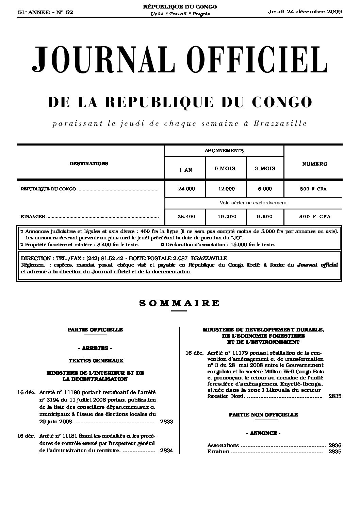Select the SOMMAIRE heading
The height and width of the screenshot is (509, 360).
click(x=179, y=303)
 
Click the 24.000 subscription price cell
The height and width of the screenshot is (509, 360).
click(x=186, y=189)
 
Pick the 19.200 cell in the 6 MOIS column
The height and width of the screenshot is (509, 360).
click(x=227, y=216)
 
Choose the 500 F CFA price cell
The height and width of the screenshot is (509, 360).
click(x=313, y=189)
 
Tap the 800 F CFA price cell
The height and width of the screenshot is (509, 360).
click(x=313, y=216)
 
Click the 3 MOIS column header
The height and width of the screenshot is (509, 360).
click(x=265, y=168)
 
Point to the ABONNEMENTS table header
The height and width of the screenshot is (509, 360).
click(x=224, y=150)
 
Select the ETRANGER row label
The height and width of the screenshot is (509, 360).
click(x=33, y=216)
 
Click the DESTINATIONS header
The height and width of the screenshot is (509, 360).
click(x=89, y=164)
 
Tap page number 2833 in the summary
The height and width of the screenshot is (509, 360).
click(x=166, y=422)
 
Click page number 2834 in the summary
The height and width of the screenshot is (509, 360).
click(x=166, y=451)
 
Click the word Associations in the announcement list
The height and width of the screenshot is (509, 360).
click(x=223, y=445)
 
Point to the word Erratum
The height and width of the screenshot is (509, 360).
click(x=218, y=452)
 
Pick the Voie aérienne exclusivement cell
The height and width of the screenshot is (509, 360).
click(x=253, y=203)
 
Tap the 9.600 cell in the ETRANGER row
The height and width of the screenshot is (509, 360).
click(x=265, y=216)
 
